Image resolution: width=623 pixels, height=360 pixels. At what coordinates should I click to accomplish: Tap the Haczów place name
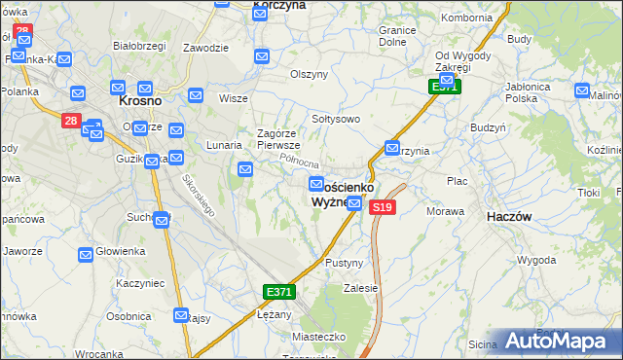pos(508,218)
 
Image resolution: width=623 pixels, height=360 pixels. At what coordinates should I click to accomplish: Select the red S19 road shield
pos(383,207)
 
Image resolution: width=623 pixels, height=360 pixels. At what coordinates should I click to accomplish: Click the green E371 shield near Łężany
pos(277,292)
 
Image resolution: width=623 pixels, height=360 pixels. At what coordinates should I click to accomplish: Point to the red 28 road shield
pos(71,121)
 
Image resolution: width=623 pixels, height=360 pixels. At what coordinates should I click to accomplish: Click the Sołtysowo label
pos(336,119)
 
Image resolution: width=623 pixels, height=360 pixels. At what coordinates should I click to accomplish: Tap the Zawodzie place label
pos(205,48)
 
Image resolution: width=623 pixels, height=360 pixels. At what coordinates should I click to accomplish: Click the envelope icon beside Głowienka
pos(86,254)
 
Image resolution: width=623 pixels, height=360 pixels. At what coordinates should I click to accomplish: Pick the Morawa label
pos(445,210)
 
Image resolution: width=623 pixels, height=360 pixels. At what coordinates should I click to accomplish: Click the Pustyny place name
pos(344,264)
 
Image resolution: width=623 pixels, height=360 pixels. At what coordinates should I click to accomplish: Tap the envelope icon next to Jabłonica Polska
pos(582,91)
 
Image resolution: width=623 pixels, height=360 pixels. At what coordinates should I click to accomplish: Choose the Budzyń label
pos(487,127)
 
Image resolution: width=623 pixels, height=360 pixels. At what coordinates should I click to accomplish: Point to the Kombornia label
pos(467,18)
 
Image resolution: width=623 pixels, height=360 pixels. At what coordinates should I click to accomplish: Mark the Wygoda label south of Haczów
pos(535,261)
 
